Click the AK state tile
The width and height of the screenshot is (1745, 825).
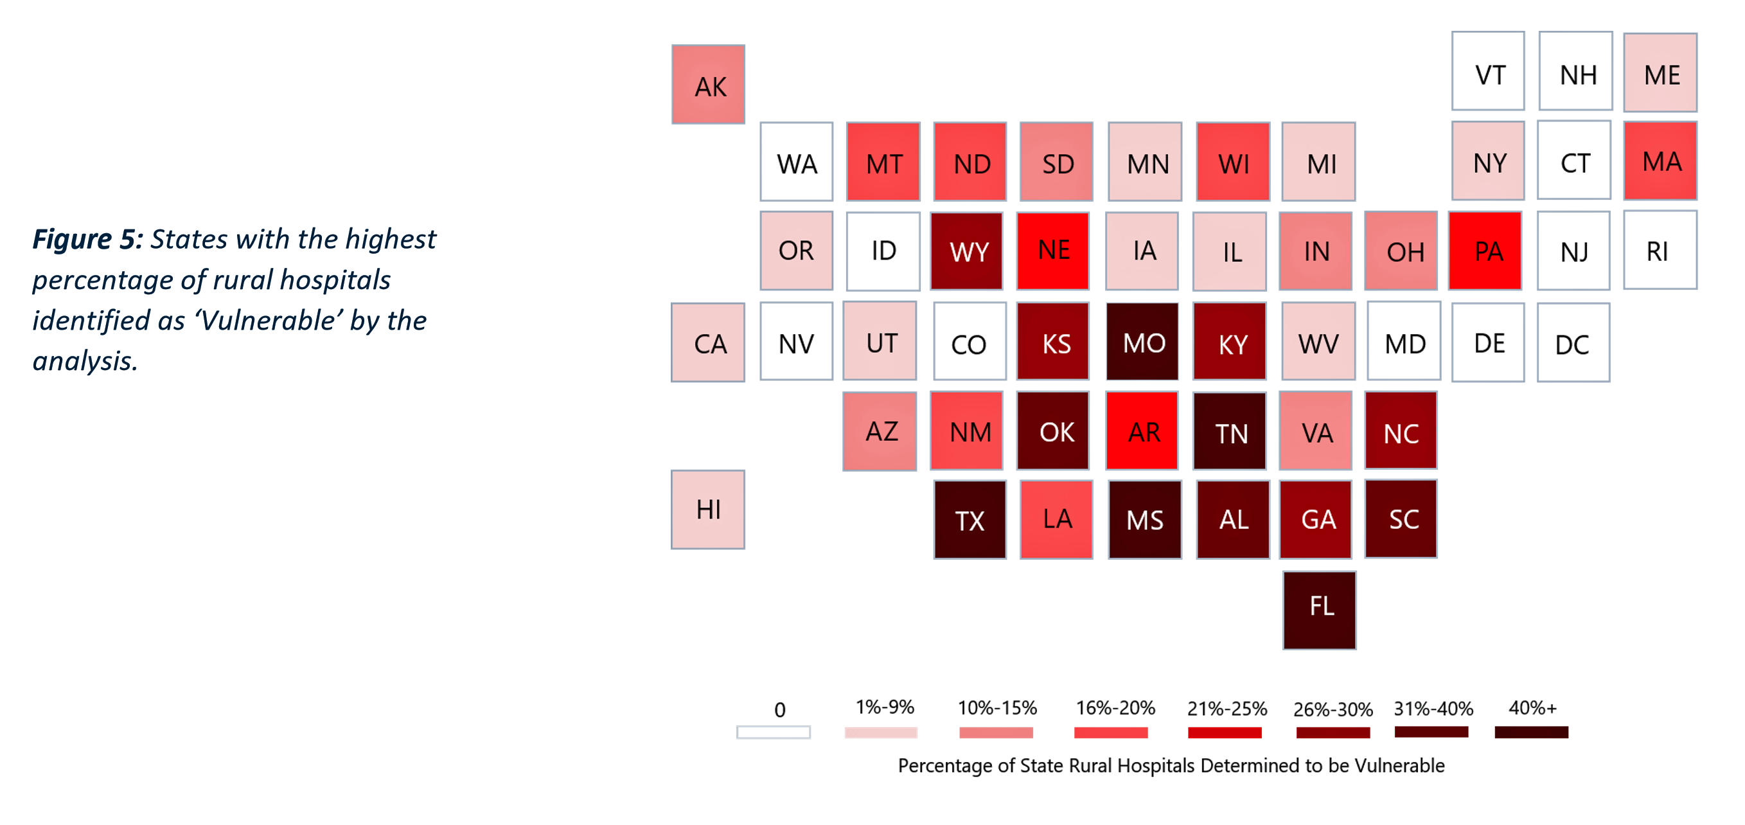point(708,85)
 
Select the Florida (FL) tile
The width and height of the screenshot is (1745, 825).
point(1319,610)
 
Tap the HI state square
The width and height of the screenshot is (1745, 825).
point(708,510)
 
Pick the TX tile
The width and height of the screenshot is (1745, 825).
point(970,520)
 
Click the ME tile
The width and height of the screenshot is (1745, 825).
point(1660,73)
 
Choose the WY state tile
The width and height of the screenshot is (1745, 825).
point(967,251)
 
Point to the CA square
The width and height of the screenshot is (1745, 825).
point(708,342)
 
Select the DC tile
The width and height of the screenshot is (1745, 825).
point(1573,342)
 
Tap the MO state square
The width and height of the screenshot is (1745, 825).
point(1142,341)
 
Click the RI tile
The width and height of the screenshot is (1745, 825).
point(1660,250)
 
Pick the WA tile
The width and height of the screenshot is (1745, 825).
point(796,162)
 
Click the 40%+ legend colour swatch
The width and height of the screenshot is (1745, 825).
point(1531,732)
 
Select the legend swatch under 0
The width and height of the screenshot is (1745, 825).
point(773,732)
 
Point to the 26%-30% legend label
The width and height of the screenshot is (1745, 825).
point(1333,709)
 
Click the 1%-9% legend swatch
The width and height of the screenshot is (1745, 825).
point(881,732)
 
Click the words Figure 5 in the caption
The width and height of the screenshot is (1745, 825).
point(87,240)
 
